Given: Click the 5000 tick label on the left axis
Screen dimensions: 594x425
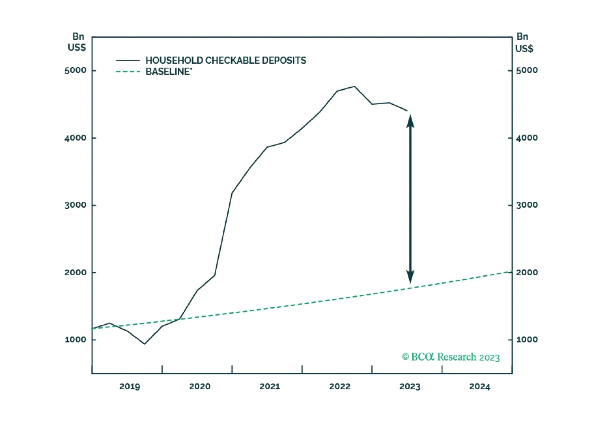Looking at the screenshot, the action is (x=75, y=70).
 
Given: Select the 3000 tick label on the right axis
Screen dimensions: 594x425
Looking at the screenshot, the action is (x=527, y=205).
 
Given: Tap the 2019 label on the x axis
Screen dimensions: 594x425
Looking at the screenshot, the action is (x=130, y=386).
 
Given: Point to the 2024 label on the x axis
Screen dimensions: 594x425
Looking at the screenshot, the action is (x=480, y=386).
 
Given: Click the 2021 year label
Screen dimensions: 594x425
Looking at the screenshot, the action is (x=270, y=386).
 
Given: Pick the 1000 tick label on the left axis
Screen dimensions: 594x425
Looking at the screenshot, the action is (x=75, y=340).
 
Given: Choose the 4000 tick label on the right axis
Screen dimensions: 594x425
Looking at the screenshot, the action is (x=527, y=138).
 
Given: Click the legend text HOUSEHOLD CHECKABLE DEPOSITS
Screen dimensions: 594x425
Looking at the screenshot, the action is (x=226, y=61).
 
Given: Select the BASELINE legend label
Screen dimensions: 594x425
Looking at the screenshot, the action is (x=169, y=72).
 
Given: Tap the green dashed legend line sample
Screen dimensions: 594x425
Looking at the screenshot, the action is (x=128, y=72).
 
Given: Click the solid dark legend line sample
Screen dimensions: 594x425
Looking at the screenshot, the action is (x=128, y=61).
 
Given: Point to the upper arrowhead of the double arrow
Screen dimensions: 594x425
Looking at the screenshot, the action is (x=410, y=121).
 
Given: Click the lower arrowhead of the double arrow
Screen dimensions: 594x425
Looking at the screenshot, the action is (x=410, y=277).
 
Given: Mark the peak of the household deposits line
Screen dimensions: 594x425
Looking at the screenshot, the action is (x=355, y=87).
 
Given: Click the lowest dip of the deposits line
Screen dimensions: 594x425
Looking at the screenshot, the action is (x=145, y=344).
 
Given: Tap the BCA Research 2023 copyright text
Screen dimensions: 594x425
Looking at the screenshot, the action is (x=451, y=357).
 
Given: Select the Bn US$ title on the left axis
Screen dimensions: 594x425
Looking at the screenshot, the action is (x=77, y=42).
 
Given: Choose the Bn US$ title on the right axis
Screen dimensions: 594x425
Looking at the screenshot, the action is (x=524, y=42).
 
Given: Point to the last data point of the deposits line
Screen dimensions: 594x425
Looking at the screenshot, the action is (x=407, y=111).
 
